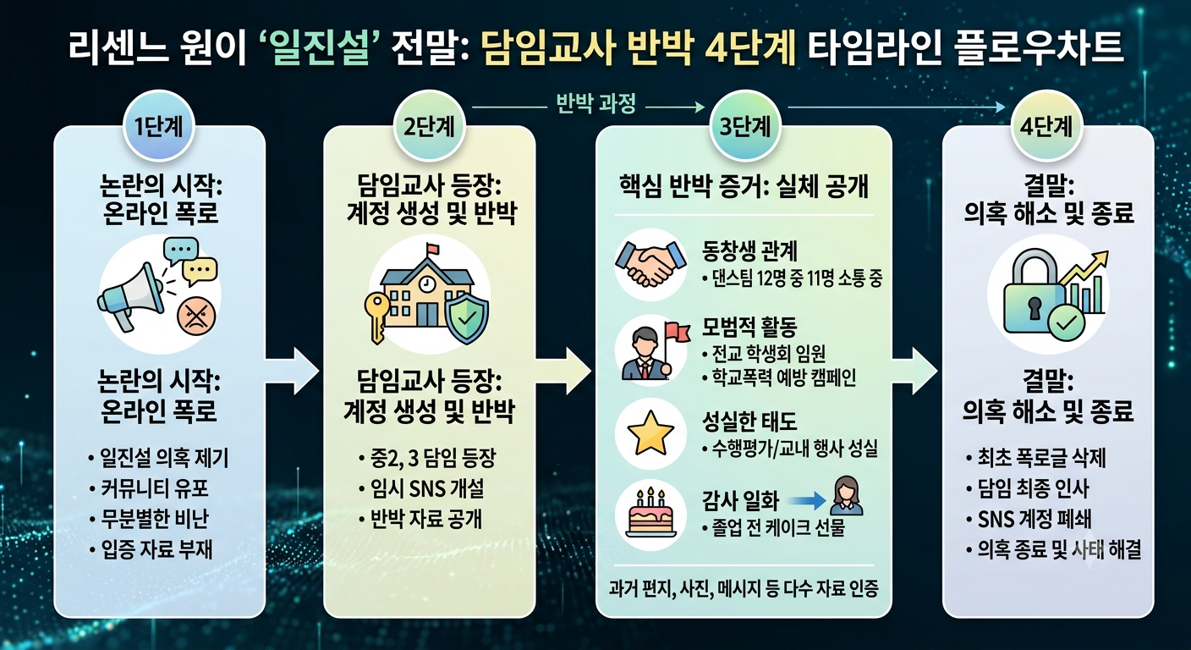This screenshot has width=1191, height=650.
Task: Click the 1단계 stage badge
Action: coord(159,126)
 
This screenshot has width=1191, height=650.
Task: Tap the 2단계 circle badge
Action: coord(430,126)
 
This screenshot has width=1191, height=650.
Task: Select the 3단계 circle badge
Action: coord(744,126)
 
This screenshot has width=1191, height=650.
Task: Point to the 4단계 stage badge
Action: coord(1046,126)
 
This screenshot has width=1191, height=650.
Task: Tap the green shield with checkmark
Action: coord(466,317)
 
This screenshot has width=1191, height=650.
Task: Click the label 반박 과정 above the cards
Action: coord(596,103)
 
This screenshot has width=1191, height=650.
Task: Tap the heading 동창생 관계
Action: coord(749,251)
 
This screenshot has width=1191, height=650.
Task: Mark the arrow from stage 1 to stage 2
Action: coord(292,371)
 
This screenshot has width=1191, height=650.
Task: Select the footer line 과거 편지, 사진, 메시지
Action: coord(744,588)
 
